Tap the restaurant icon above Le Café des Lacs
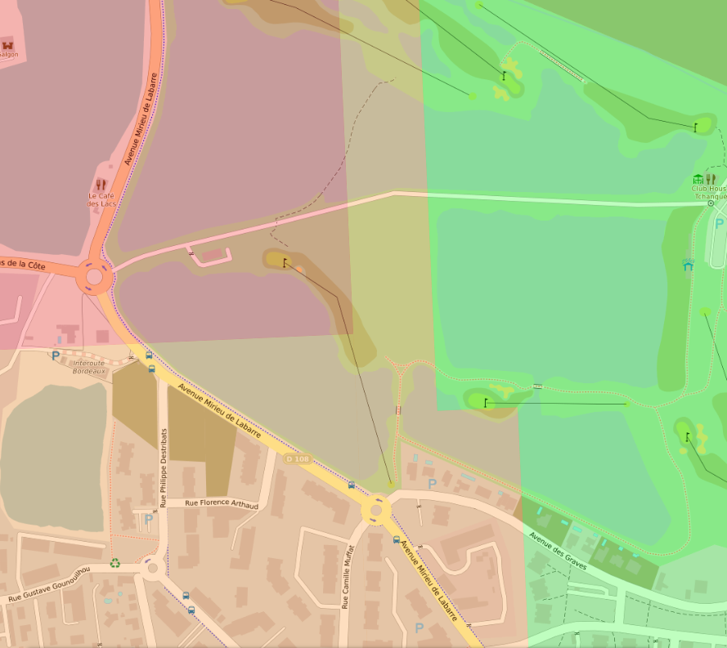[x=101, y=185]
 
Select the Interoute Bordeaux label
[x=89, y=367]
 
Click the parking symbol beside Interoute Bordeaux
[x=56, y=356]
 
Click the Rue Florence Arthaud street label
[x=221, y=505]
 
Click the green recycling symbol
[x=115, y=563]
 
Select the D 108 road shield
[x=297, y=459]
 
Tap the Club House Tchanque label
[x=708, y=192]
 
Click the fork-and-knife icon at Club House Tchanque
[x=711, y=179]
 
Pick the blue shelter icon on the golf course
[x=688, y=264]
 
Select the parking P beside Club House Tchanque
[x=719, y=222]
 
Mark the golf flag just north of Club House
[x=695, y=127]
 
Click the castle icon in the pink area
[x=8, y=44]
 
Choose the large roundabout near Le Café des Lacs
[x=94, y=278]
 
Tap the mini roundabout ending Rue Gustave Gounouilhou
[x=152, y=565]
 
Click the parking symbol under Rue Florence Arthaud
[x=148, y=519]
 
